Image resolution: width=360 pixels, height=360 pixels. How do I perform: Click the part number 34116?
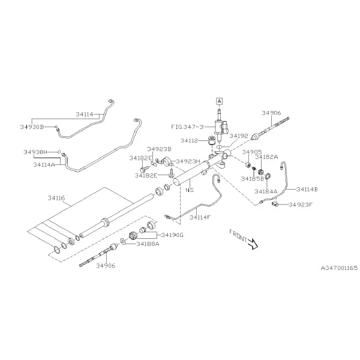tap(56, 198)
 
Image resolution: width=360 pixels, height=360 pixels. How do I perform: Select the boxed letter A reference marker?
tap(220, 101)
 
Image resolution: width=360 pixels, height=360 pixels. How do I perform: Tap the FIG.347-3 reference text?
tap(187, 127)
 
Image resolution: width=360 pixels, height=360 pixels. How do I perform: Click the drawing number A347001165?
tap(339, 268)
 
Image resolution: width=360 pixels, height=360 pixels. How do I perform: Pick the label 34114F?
tap(200, 217)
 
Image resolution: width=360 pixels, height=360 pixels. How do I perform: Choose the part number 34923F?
tap(301, 205)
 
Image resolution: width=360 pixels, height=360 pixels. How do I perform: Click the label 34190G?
tap(172, 235)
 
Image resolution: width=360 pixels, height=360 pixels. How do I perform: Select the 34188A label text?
tap(148, 244)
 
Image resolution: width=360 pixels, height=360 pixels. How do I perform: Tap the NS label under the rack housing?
tap(190, 190)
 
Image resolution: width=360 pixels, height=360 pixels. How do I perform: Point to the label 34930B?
tap(32, 127)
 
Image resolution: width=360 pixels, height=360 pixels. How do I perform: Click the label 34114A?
tap(44, 164)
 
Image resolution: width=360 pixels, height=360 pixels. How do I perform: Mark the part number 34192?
tap(239, 136)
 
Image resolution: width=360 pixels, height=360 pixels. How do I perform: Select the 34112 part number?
tap(190, 141)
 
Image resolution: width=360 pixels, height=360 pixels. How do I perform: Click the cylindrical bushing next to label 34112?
tap(211, 140)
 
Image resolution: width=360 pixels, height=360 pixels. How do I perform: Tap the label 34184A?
tap(266, 191)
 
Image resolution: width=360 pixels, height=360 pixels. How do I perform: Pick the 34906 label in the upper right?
tap(271, 113)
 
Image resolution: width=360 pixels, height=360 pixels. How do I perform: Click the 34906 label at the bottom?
tap(106, 266)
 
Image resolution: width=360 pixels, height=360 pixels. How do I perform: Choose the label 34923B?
tap(159, 149)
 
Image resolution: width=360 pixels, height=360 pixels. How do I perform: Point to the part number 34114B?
tap(307, 190)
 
